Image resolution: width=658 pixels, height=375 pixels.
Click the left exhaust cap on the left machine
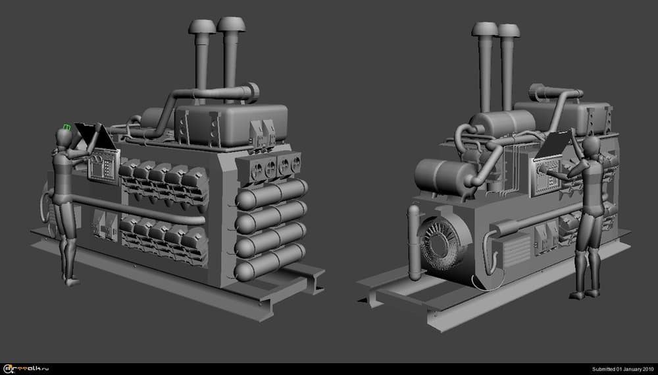tap(201, 26)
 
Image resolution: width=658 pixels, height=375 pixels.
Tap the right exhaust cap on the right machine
tap(509, 30)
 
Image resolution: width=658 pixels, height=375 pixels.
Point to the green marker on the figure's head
tap(66, 127)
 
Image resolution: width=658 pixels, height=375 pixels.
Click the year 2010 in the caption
tap(647, 368)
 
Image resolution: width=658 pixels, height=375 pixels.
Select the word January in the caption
tap(628, 368)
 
